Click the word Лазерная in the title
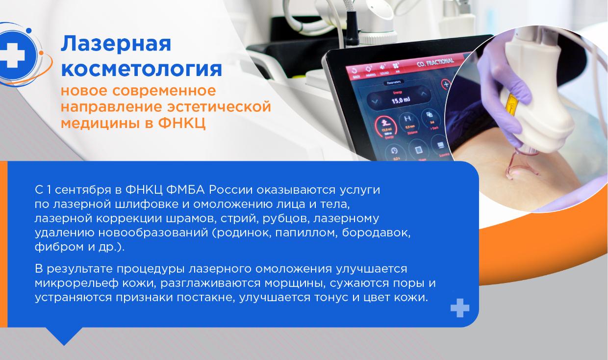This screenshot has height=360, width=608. (x=116, y=44)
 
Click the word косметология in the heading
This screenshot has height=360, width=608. (x=141, y=69)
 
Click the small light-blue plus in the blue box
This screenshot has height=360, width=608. (x=459, y=308)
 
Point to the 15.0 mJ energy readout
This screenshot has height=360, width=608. (x=401, y=101)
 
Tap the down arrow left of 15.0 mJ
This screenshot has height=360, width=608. (x=375, y=101)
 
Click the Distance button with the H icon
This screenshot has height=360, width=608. (x=406, y=121)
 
